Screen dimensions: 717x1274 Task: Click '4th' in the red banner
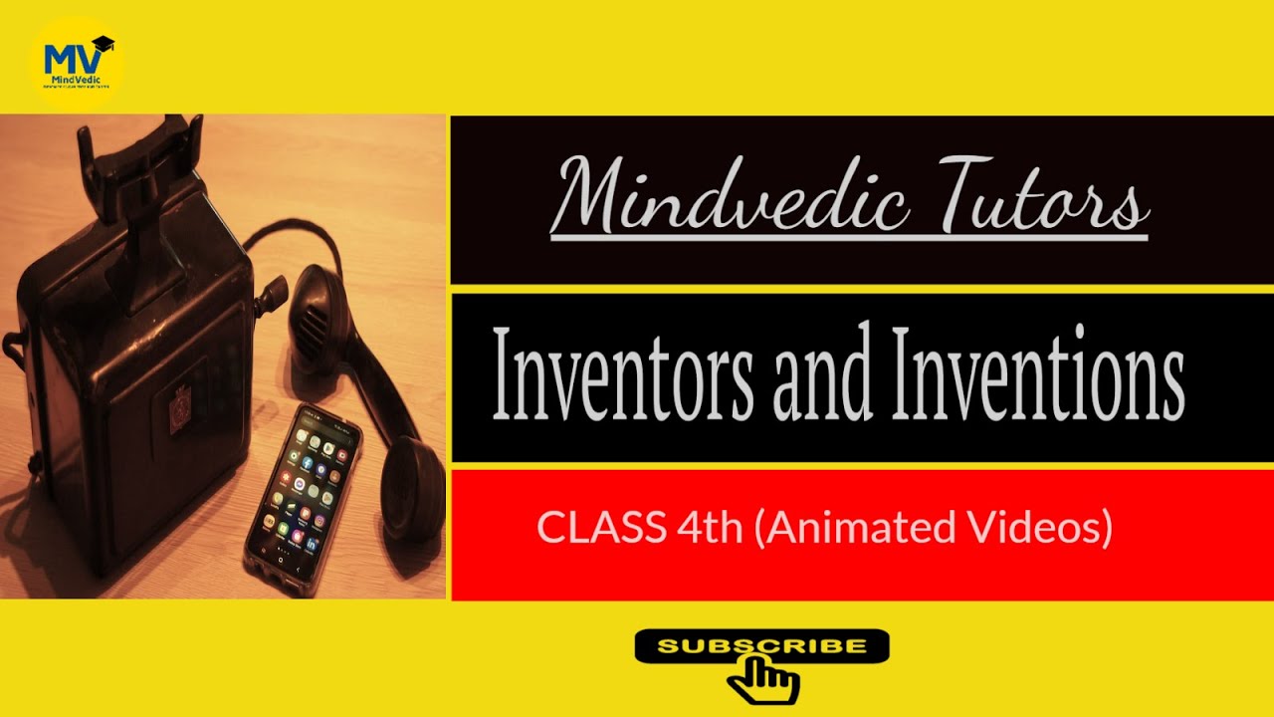[710, 527]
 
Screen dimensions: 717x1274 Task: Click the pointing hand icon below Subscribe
[762, 680]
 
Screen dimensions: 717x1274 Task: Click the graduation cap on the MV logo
[103, 44]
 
